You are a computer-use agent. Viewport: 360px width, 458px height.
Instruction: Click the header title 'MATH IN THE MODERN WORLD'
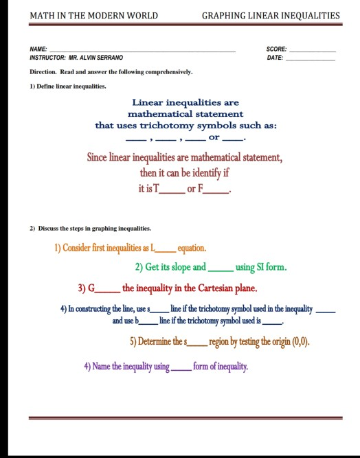[x=93, y=15]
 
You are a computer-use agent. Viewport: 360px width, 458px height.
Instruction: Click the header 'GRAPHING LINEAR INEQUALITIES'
[x=271, y=15]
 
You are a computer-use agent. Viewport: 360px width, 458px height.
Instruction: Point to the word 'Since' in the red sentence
[x=98, y=157]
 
